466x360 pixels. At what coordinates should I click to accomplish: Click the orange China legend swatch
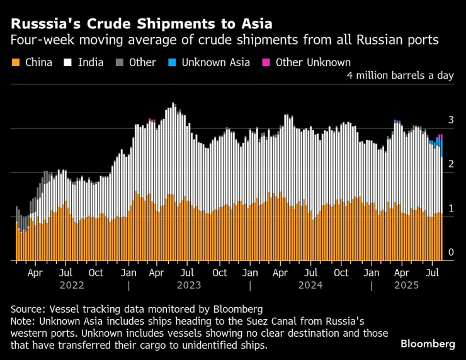16,62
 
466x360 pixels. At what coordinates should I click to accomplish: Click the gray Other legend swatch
119,62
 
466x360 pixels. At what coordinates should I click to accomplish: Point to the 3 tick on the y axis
451,120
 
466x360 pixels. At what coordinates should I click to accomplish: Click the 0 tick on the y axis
451,252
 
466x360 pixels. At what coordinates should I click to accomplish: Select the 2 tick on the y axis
451,164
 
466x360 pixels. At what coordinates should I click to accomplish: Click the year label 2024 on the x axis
310,286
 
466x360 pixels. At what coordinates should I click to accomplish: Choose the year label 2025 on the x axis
406,286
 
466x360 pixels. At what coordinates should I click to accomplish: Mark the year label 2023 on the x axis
189,286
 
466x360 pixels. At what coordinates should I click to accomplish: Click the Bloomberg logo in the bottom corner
428,344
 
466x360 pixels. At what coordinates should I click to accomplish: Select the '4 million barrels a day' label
401,76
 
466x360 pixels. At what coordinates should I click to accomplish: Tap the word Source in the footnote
28,309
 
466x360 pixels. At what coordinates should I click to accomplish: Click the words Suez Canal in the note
266,320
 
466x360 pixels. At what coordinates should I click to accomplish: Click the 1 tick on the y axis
451,208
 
